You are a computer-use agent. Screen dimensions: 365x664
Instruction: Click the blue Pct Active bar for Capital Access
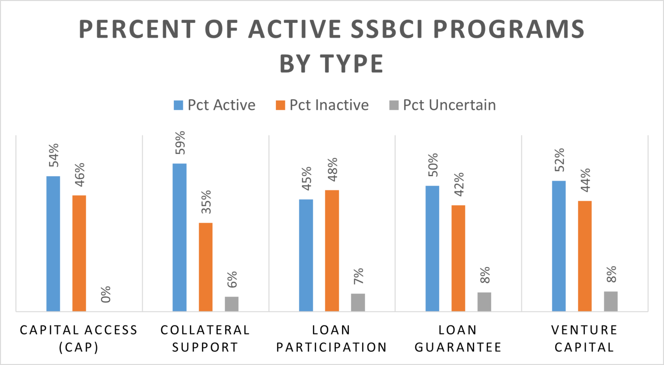pos(53,244)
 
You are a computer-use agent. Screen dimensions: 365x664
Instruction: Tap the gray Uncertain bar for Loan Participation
pos(358,302)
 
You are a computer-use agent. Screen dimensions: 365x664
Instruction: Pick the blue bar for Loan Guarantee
pos(432,248)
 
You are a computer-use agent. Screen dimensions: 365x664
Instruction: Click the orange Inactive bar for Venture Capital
pos(584,256)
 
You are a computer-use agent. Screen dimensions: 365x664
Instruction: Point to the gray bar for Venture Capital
pos(610,301)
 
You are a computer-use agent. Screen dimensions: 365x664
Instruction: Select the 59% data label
pos(180,143)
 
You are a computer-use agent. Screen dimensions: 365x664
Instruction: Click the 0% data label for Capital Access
pos(106,294)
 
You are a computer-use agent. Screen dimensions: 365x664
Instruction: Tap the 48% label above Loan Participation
pos(332,169)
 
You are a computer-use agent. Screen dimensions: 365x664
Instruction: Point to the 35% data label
pos(206,202)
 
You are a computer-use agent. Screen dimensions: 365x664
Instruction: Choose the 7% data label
pos(358,276)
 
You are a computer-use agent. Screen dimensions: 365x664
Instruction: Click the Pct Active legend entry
pos(214,105)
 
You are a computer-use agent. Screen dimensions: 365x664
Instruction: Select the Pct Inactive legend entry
pos(322,105)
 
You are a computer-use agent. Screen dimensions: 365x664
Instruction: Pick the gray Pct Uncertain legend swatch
pos(394,105)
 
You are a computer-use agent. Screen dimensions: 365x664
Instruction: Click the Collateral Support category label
pos(205,339)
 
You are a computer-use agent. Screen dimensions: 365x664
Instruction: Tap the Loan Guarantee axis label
pos(458,339)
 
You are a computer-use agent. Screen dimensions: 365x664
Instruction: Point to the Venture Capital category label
pos(584,339)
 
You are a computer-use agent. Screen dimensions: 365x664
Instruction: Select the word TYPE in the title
pos(352,64)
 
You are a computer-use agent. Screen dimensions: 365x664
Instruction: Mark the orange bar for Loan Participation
pos(332,251)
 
